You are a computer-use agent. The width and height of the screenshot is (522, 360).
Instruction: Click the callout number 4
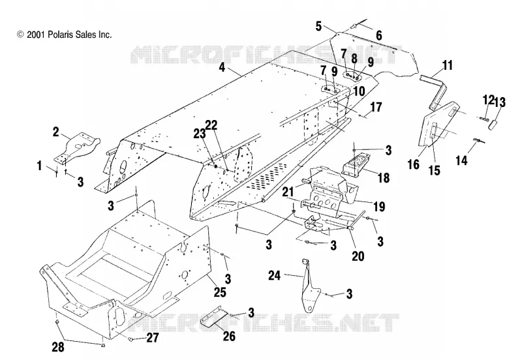click(222, 67)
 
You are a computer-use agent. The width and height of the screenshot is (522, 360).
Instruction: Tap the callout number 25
click(220, 292)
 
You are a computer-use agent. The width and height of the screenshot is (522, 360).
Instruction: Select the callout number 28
click(58, 347)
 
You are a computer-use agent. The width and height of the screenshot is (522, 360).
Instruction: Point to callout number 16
click(414, 164)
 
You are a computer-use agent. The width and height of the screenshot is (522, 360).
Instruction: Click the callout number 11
click(448, 65)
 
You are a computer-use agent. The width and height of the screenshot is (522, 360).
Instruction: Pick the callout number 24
click(275, 275)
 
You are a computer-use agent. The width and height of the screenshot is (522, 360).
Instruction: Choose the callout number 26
click(229, 336)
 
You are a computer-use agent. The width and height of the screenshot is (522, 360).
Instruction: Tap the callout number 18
click(384, 177)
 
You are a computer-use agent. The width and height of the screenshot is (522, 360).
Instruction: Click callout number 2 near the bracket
click(55, 132)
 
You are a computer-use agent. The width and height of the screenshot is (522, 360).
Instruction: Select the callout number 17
click(376, 107)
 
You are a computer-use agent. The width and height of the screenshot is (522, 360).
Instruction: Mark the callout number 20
click(358, 256)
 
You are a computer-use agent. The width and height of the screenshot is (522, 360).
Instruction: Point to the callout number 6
click(379, 35)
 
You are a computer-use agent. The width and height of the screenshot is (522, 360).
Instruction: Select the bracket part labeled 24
click(309, 286)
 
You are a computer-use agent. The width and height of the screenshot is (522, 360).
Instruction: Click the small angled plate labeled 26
click(214, 316)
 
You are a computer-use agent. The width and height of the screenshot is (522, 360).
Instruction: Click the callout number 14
click(461, 160)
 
